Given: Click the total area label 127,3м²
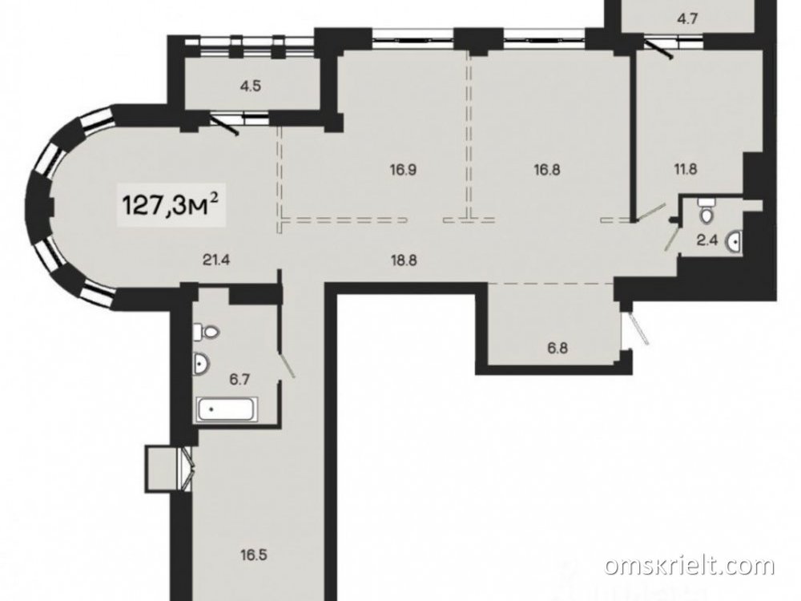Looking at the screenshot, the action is (171, 205).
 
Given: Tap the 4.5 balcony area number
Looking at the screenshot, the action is (251, 86).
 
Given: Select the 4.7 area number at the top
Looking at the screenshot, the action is (687, 19).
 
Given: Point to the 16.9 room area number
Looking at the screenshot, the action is (403, 169).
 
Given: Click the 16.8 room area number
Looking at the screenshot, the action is (547, 169).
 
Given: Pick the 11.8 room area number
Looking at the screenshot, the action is (686, 168).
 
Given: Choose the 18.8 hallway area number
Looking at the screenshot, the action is (404, 260).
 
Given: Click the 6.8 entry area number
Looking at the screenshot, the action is (557, 349).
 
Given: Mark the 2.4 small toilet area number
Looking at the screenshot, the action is (708, 240).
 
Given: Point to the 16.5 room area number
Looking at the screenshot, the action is (254, 555).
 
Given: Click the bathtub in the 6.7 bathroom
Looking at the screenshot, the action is (227, 409).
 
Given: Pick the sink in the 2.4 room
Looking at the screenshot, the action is (735, 242).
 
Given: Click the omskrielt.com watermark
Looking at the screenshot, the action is (690, 566).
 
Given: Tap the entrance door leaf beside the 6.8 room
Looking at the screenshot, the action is (638, 329).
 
